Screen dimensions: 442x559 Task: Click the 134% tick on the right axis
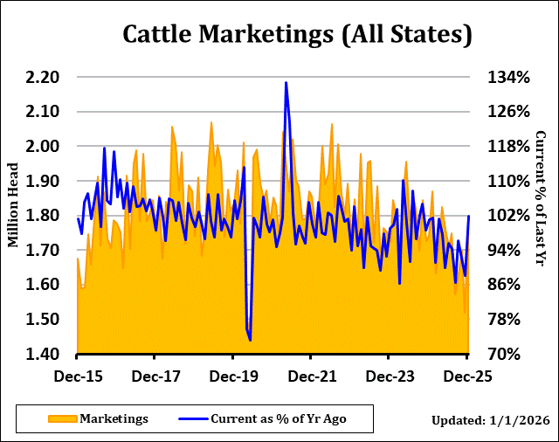[508, 78]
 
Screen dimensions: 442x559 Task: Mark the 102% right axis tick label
[508, 216]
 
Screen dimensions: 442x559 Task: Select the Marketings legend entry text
[114, 418]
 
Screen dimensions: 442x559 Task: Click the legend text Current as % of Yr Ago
[278, 418]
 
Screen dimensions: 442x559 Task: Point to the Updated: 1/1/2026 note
[490, 420]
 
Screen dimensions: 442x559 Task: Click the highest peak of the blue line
[286, 83]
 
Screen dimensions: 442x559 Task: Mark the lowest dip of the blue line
[250, 340]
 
